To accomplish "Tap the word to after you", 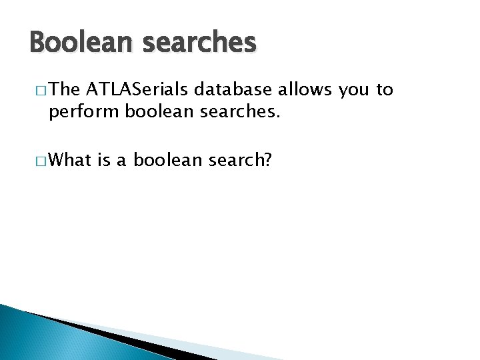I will click(385, 91).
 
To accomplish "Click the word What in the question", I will click(70, 160).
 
